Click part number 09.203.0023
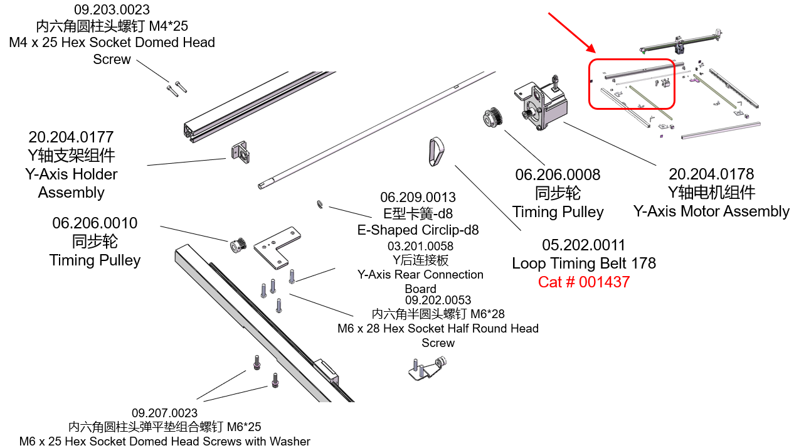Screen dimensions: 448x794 click(x=112, y=10)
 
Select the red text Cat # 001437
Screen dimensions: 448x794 click(x=583, y=282)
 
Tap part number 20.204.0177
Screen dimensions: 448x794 click(x=71, y=137)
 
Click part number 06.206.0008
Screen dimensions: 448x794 click(x=558, y=174)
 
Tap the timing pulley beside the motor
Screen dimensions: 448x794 click(x=492, y=118)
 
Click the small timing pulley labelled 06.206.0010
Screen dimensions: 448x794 click(x=237, y=245)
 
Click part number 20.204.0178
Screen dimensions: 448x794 click(x=711, y=174)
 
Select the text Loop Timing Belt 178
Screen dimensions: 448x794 click(x=584, y=264)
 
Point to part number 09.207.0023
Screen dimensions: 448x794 click(x=164, y=413)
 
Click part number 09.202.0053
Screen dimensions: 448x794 click(x=438, y=300)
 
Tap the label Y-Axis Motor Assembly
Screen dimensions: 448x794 click(x=711, y=211)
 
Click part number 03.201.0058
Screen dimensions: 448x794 click(x=420, y=246)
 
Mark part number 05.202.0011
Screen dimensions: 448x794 click(x=584, y=245)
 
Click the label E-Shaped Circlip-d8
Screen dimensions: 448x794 click(x=418, y=230)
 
